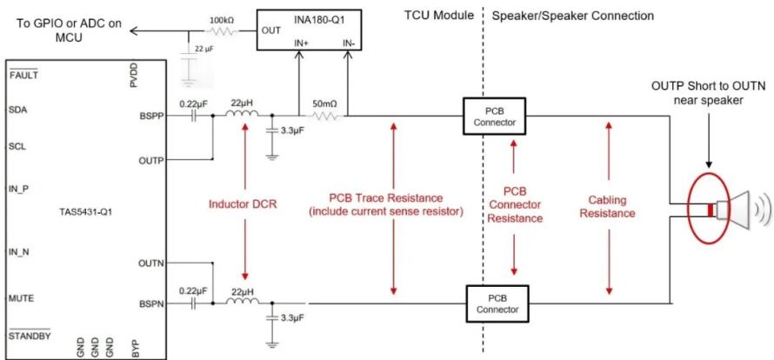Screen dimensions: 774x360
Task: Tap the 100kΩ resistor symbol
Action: click(222, 31)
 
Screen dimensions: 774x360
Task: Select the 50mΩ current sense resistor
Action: click(324, 117)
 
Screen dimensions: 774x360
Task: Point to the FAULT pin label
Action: click(23, 76)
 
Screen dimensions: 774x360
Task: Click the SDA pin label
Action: click(17, 110)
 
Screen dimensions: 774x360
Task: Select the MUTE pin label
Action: click(21, 298)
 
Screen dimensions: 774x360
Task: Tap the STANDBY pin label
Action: click(30, 337)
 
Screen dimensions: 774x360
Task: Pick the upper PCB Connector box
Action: click(494, 116)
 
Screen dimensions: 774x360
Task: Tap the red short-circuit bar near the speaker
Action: click(711, 210)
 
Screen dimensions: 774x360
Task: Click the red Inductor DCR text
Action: click(244, 203)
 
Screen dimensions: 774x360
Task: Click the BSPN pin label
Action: click(151, 304)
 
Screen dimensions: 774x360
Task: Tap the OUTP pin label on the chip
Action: click(151, 160)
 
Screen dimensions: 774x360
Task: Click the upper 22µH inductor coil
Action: click(243, 115)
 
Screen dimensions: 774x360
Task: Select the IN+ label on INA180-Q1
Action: click(301, 43)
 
